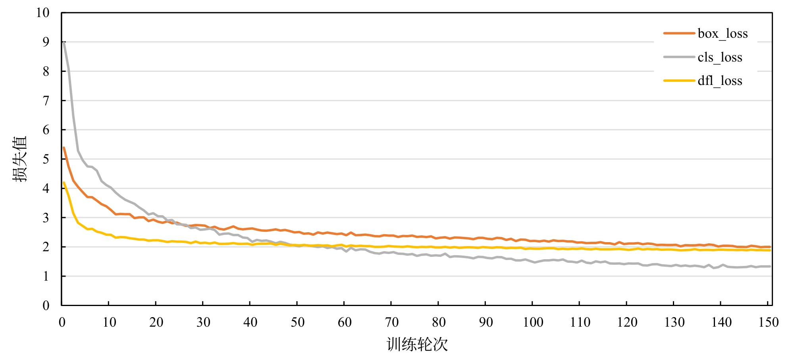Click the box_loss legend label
[x=723, y=34]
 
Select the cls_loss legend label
[x=720, y=58]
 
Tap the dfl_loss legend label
[x=720, y=81]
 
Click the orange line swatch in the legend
[x=679, y=33]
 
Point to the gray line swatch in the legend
[x=679, y=57]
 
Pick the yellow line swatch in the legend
[x=679, y=81]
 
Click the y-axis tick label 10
[x=43, y=13]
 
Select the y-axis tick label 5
[x=46, y=159]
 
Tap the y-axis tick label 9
[x=46, y=42]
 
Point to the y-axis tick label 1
[x=46, y=276]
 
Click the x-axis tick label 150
[x=768, y=322]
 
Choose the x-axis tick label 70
[x=391, y=322]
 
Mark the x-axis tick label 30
[x=203, y=322]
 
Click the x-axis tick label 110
[x=580, y=322]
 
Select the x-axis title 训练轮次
[x=417, y=345]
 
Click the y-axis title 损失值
[x=20, y=159]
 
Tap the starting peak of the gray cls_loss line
[x=64, y=42]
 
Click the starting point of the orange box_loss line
[x=64, y=148]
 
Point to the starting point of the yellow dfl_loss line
[x=64, y=183]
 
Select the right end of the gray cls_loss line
[x=770, y=266]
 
